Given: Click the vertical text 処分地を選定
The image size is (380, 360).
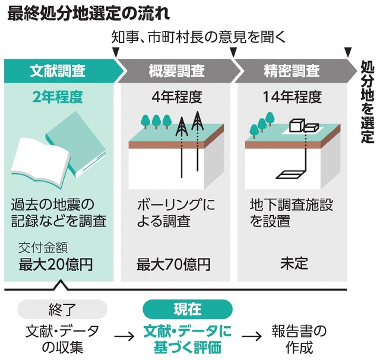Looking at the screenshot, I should point(368,101).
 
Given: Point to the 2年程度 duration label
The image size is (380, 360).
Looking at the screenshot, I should point(58,97).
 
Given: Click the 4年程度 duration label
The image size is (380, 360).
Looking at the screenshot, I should point(176,97).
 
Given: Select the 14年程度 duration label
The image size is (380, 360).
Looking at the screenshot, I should point(291,97).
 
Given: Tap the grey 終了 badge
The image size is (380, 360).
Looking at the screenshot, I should point(62,310).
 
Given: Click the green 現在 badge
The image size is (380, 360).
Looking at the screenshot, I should point(187,310).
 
